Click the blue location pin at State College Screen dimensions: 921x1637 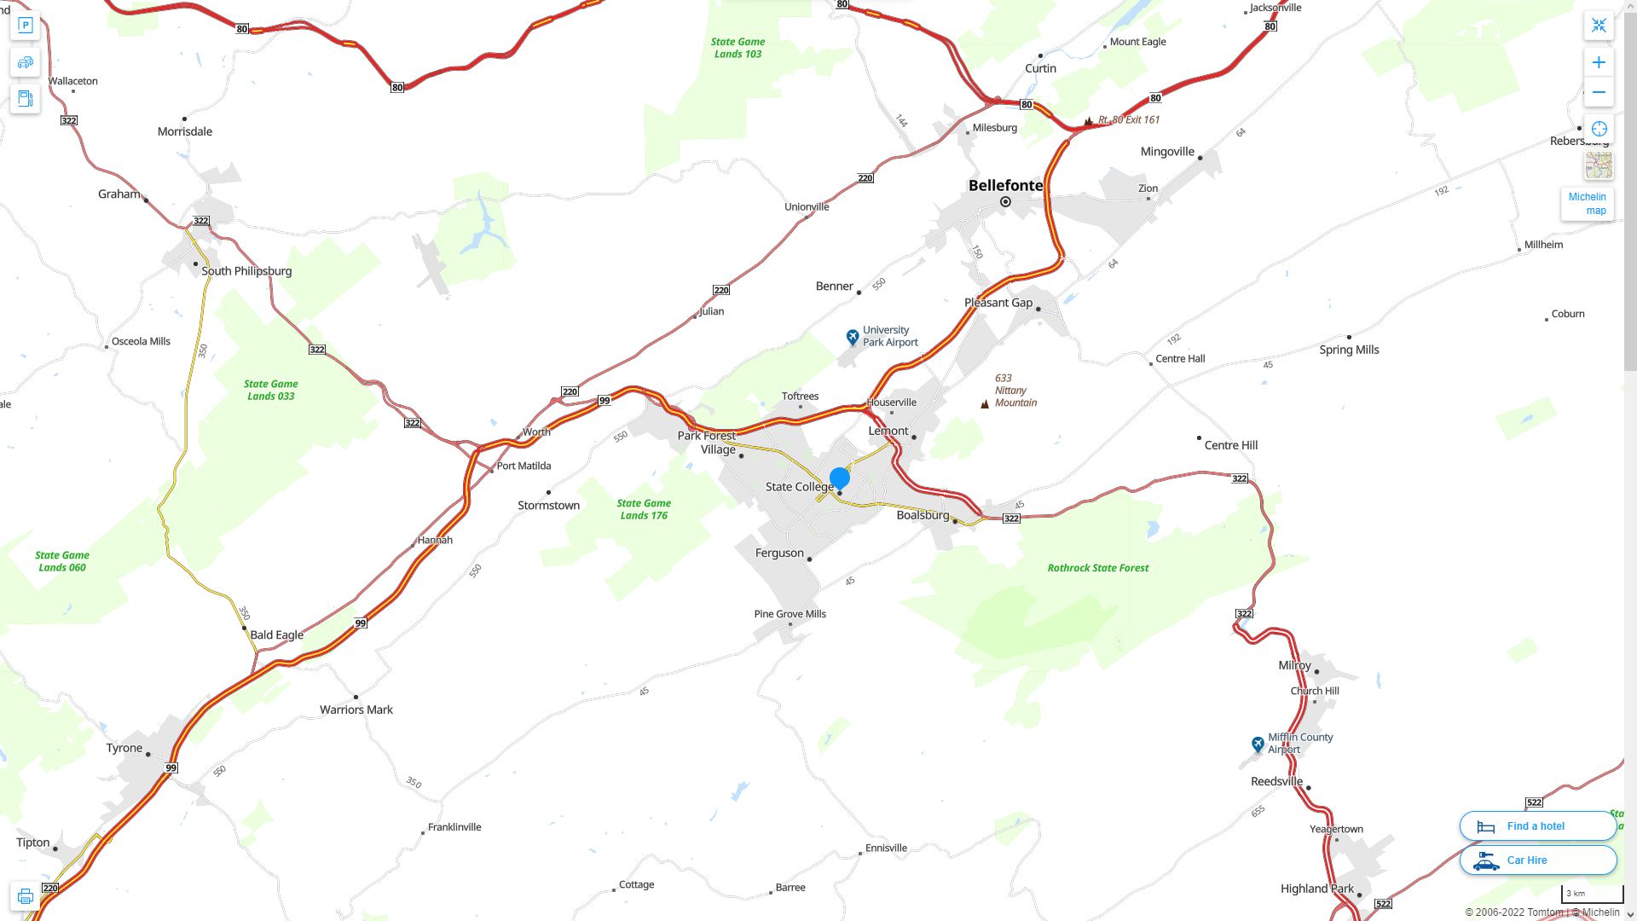pos(840,478)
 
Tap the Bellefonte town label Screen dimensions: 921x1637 pos(1005,185)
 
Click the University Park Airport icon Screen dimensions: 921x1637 pos(852,337)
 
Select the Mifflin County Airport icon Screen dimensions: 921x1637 pos(1258,744)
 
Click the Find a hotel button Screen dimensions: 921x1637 pos(1537,825)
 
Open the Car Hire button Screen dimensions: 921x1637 pos(1537,860)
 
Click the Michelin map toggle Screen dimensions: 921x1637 pos(1587,203)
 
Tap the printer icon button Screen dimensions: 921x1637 pos(26,896)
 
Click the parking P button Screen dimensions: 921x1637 pos(26,25)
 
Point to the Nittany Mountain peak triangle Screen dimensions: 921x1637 pos(985,404)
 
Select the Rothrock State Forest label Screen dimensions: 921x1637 pos(1097,568)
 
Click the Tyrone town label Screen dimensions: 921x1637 pos(124,748)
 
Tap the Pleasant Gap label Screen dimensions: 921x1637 pos(998,303)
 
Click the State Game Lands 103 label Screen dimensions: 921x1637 pos(738,48)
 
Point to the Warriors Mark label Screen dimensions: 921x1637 pos(356,710)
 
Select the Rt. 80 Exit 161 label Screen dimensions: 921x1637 pos(1128,120)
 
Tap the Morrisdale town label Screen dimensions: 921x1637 pos(185,131)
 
